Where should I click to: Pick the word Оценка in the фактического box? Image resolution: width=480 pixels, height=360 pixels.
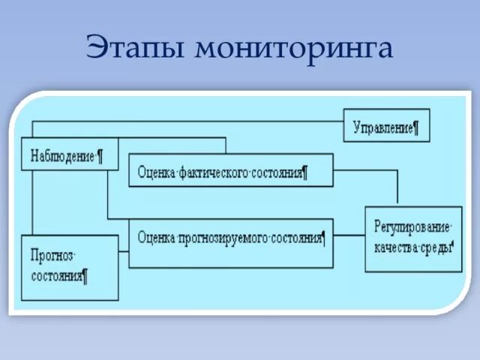[x=155, y=173]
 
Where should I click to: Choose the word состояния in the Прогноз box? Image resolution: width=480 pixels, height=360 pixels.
[x=56, y=275]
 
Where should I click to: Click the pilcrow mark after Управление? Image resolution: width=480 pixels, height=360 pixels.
[x=415, y=127]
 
